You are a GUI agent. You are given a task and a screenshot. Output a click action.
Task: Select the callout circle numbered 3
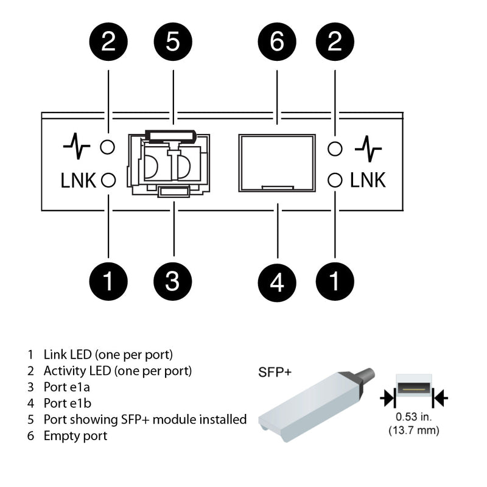point(173,281)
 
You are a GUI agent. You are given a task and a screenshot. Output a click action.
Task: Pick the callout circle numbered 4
point(277,281)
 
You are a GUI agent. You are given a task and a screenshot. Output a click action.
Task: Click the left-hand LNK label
point(79,180)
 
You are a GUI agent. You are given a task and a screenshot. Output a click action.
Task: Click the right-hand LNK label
point(368,180)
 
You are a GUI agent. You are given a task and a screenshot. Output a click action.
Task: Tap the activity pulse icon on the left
point(77,147)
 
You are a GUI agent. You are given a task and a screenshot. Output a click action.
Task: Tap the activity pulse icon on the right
point(368,147)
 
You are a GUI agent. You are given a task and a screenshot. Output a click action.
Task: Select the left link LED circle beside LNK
point(108,180)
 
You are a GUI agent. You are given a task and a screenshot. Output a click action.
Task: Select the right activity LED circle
point(334,147)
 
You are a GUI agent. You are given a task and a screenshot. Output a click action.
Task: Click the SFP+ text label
point(275,371)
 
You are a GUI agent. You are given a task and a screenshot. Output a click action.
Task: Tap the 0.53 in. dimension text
point(414,418)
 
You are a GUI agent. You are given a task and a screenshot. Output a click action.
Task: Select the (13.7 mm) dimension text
point(414,430)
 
